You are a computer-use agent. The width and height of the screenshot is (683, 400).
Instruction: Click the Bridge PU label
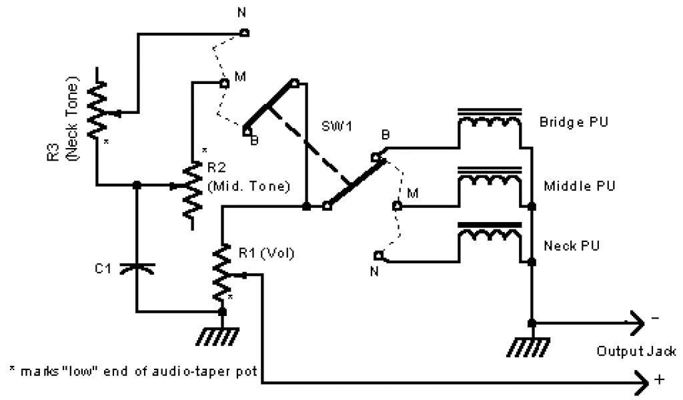tap(573, 121)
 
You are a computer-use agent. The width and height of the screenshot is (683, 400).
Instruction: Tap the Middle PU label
tap(580, 186)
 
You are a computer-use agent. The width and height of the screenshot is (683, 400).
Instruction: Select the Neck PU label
tap(572, 245)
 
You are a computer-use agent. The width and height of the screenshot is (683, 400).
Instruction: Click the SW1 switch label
tap(337, 126)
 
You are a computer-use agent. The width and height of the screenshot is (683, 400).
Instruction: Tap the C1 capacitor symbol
tap(137, 269)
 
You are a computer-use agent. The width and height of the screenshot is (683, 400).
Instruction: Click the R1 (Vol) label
tap(266, 253)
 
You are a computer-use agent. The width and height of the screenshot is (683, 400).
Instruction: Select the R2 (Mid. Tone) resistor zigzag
tap(192, 190)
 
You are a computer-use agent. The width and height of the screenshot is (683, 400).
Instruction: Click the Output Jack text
tap(636, 351)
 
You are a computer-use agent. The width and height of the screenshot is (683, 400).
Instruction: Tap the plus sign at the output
tap(660, 379)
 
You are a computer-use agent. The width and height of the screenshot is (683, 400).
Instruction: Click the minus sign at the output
tap(655, 318)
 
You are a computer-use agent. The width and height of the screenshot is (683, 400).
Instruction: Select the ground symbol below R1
tap(217, 337)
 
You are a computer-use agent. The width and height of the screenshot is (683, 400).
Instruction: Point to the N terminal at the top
tap(245, 32)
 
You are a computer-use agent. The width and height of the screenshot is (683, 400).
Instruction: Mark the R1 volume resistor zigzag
tap(222, 272)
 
